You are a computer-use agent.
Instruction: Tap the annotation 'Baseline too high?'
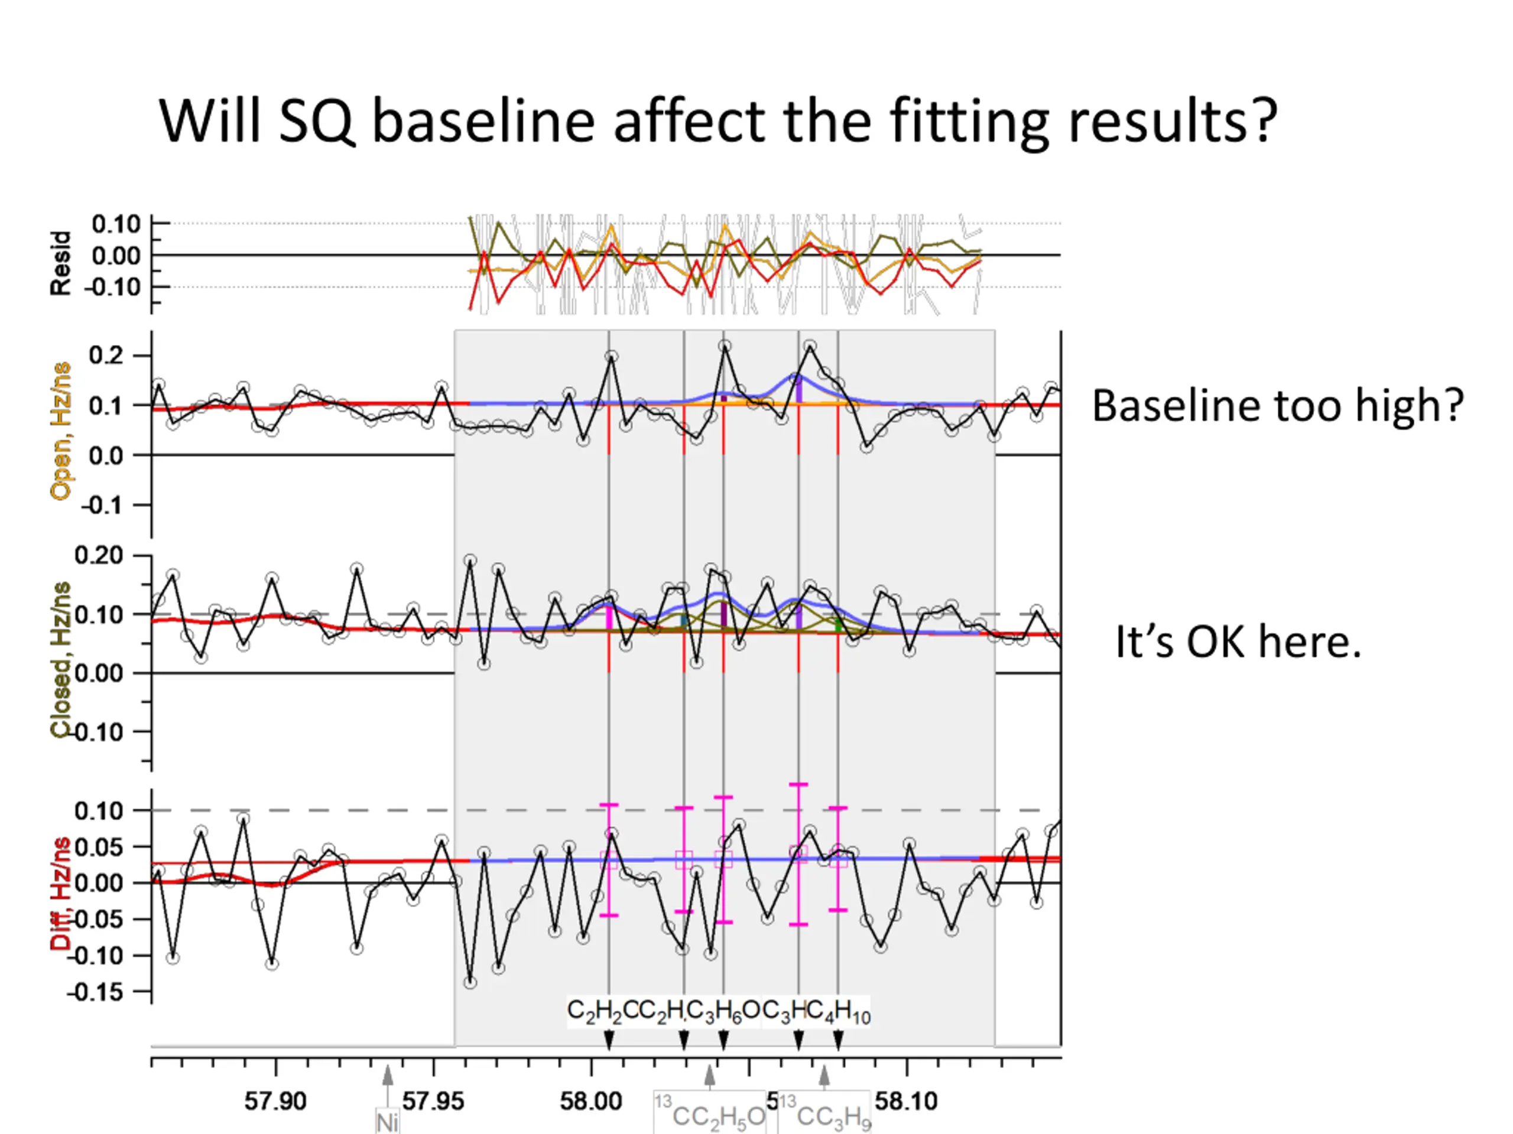pos(1277,405)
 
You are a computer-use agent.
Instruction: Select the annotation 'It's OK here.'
pos(1238,643)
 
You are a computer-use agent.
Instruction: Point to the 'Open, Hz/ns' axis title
pos(61,431)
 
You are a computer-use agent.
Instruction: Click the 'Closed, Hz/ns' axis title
pos(61,660)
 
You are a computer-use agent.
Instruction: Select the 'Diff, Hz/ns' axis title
pos(61,894)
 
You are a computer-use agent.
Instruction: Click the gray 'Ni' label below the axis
pos(387,1122)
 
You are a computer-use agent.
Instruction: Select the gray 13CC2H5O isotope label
pos(710,1114)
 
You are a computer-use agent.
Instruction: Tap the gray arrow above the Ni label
pos(388,1077)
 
